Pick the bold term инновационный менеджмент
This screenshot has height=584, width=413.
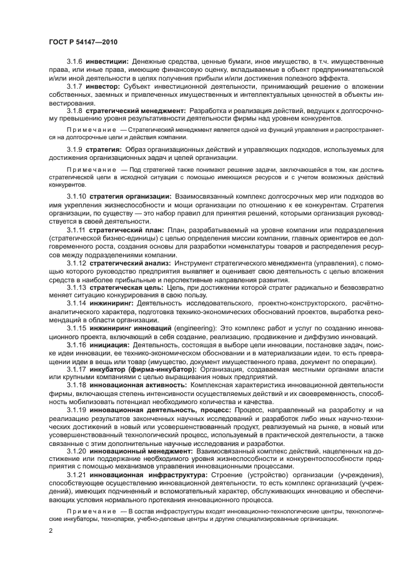point(140,450)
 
